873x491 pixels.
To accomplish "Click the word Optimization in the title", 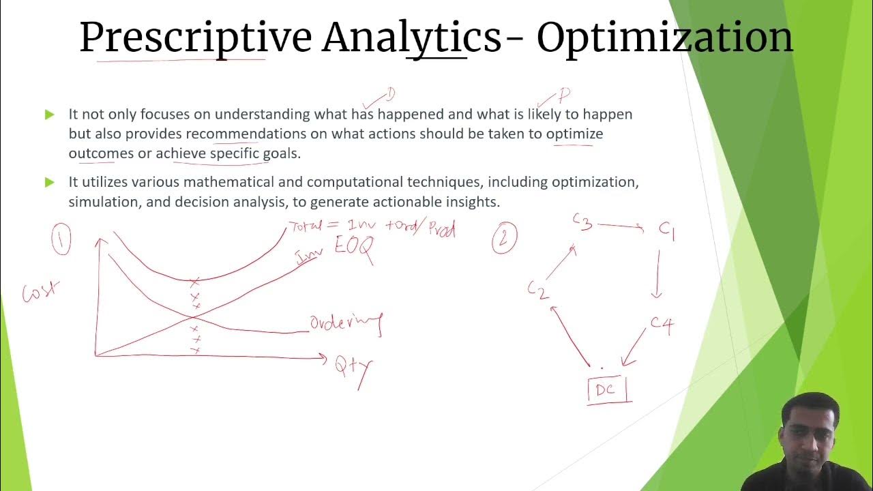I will coord(664,38).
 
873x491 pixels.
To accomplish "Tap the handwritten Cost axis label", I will coord(40,291).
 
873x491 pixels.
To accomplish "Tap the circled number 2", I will coord(504,239).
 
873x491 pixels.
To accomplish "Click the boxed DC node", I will coord(606,389).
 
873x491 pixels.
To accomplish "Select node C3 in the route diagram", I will coord(582,222).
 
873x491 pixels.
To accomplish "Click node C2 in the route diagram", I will coord(537,290).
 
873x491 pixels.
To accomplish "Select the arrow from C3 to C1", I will coord(621,226).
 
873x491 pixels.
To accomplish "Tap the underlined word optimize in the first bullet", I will coord(574,134).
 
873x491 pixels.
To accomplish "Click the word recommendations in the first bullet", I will coord(246,134).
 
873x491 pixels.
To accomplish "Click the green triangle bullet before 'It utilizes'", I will coord(49,182).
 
